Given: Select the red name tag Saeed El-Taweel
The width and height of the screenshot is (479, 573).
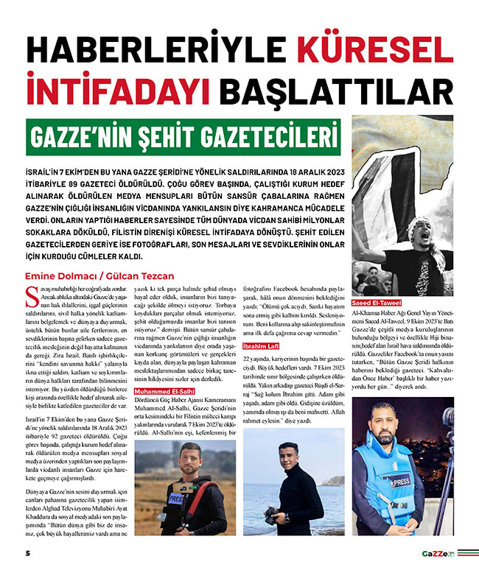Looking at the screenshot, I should point(377,301).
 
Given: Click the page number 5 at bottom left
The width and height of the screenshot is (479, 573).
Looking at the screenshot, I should point(27,552).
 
